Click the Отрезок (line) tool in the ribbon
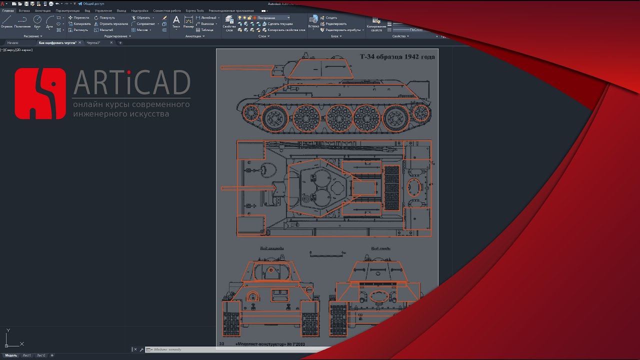[x=7, y=21]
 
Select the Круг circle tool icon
[x=37, y=21]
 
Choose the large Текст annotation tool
[x=176, y=21]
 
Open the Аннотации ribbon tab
[x=42, y=10]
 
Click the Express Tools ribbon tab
[x=194, y=10]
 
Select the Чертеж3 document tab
[x=93, y=43]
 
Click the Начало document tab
[x=12, y=43]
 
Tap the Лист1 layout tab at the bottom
[x=26, y=355]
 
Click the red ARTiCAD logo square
[x=40, y=93]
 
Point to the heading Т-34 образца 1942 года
[x=397, y=56]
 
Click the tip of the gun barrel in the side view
[x=222, y=67]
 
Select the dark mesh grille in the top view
[x=391, y=187]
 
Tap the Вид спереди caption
[x=271, y=248]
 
